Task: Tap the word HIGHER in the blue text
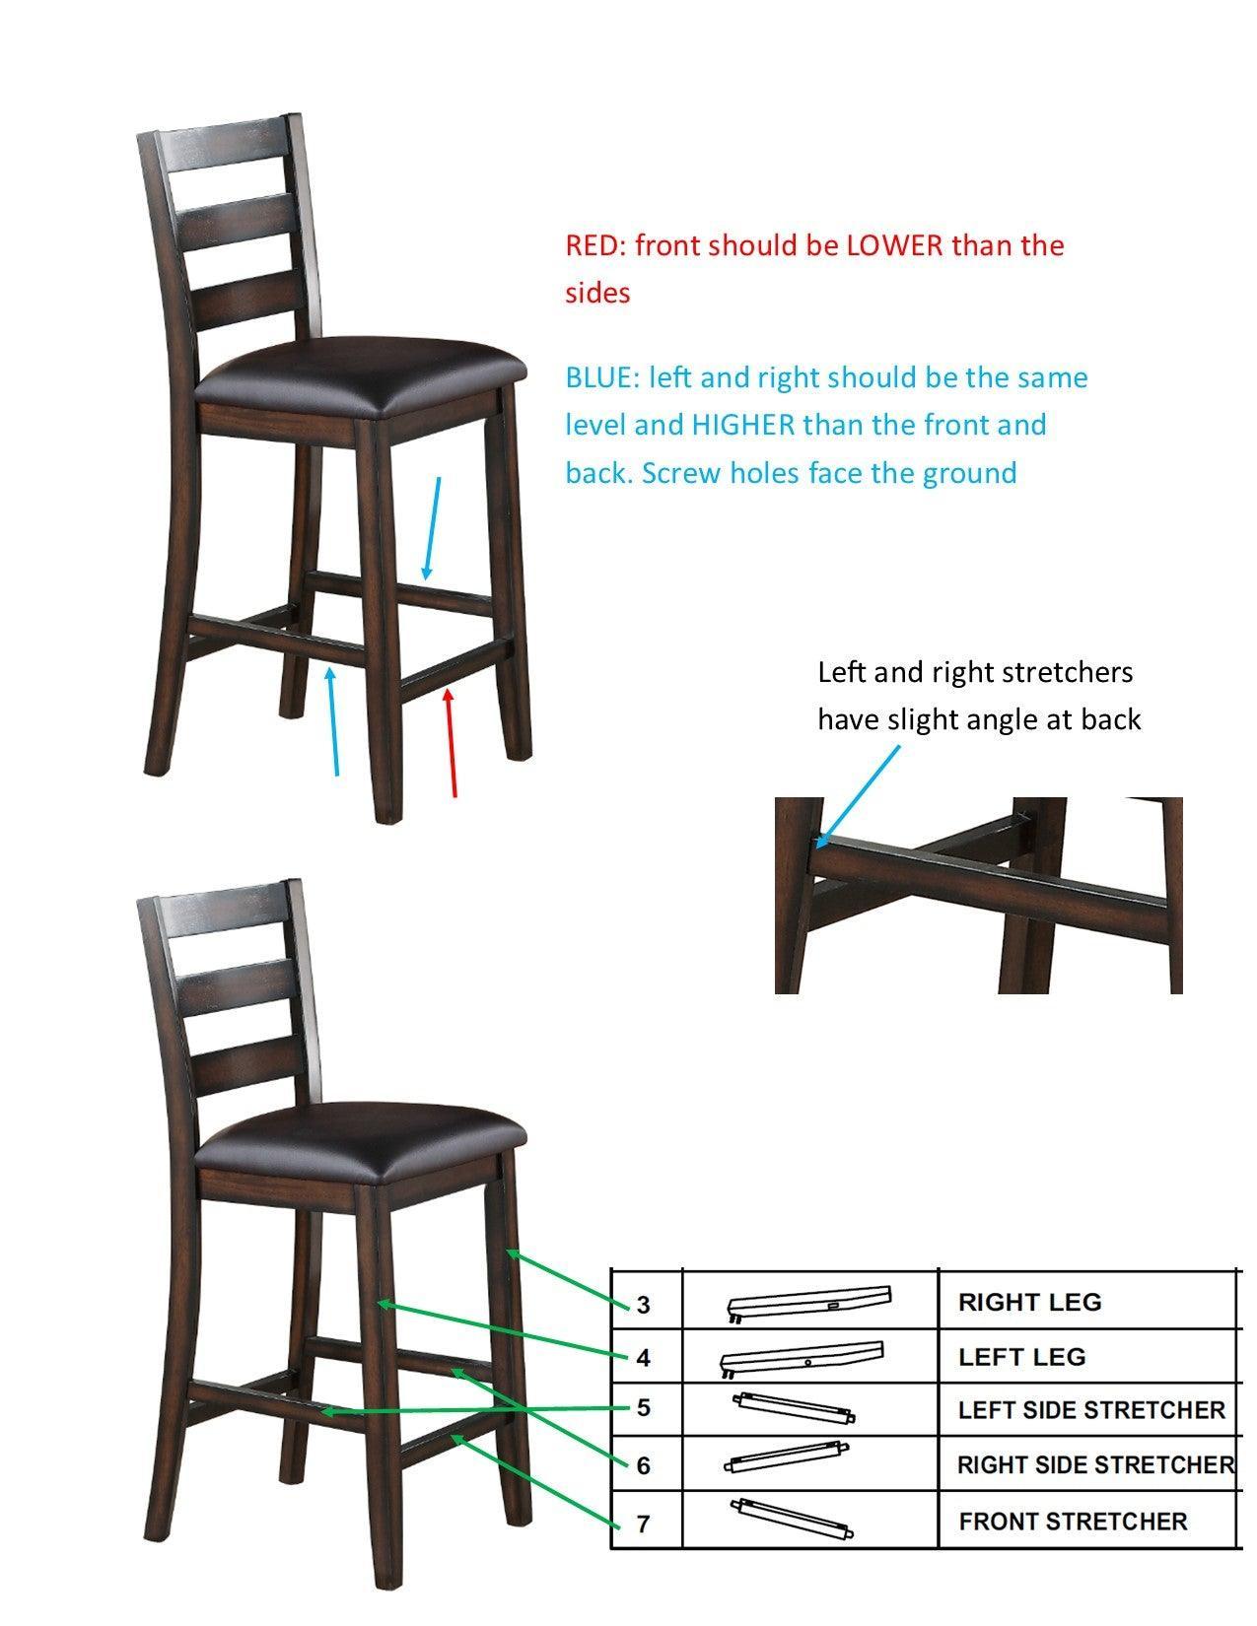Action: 742,425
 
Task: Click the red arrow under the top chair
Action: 452,743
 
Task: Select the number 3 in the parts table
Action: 643,1304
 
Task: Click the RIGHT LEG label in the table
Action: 1029,1302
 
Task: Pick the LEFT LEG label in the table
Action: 1022,1357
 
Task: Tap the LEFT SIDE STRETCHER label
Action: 1091,1410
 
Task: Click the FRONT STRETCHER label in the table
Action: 1073,1522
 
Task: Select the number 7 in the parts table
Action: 643,1524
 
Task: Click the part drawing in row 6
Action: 786,1457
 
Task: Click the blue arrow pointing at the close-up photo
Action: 858,796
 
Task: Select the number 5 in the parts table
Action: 643,1408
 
